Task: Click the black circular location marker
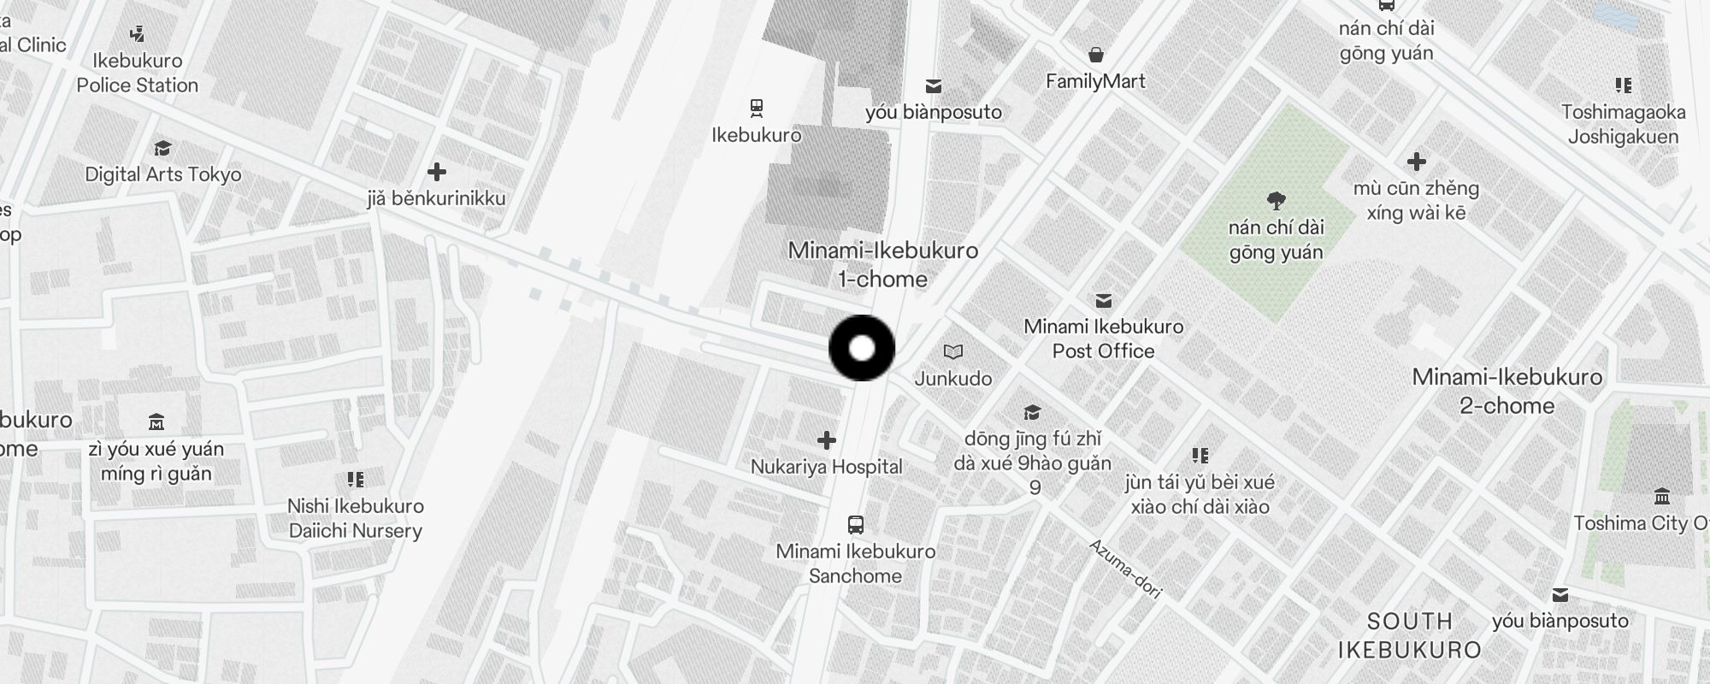(x=862, y=348)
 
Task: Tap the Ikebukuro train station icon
(x=756, y=109)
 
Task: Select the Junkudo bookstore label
(x=953, y=378)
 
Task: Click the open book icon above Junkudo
(x=953, y=351)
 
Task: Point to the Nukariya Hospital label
(x=826, y=467)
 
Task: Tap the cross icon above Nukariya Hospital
(x=826, y=440)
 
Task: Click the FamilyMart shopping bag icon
(x=1095, y=56)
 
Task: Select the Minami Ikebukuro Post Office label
(x=1103, y=339)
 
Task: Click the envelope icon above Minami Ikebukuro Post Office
(x=1104, y=300)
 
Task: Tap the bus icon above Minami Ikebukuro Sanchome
(x=855, y=524)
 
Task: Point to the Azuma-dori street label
(x=1124, y=569)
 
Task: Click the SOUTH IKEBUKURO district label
(x=1409, y=635)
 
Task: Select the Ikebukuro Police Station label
(x=138, y=73)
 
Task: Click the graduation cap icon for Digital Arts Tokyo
(x=162, y=149)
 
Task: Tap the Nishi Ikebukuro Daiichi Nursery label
(x=356, y=518)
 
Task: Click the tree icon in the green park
(x=1277, y=201)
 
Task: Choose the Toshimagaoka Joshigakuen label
(x=1623, y=124)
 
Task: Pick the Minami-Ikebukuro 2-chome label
(x=1507, y=391)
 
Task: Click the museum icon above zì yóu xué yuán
(x=156, y=422)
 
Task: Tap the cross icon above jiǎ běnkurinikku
(x=437, y=172)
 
